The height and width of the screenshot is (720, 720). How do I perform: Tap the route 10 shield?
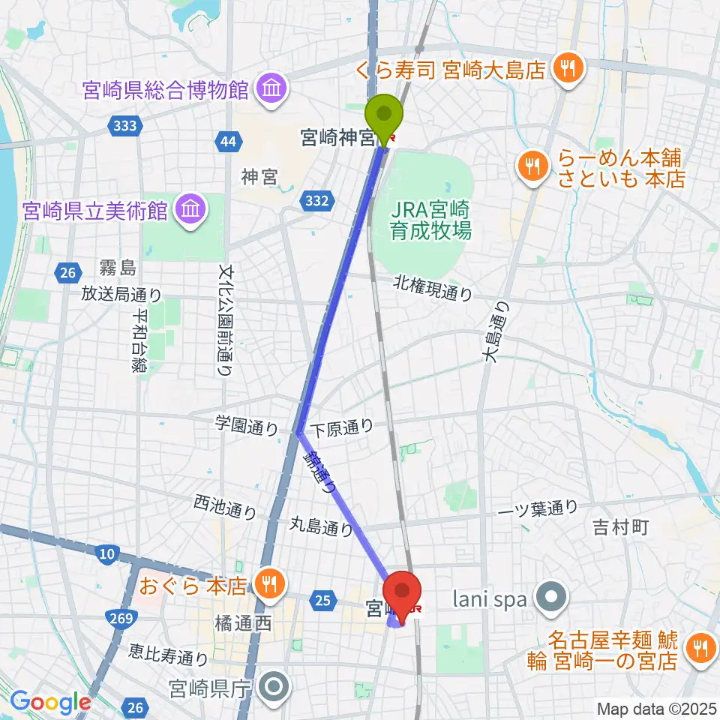107,554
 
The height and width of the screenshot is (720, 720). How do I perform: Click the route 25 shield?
323,599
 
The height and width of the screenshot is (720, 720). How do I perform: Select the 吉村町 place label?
619,527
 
